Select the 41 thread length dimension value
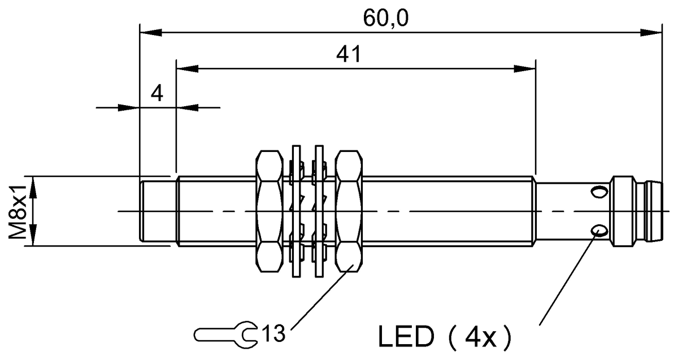click(x=349, y=55)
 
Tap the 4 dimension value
click(x=157, y=93)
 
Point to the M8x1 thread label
click(x=20, y=211)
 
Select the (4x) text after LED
click(x=478, y=338)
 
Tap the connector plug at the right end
click(x=636, y=212)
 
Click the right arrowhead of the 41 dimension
click(x=525, y=69)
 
